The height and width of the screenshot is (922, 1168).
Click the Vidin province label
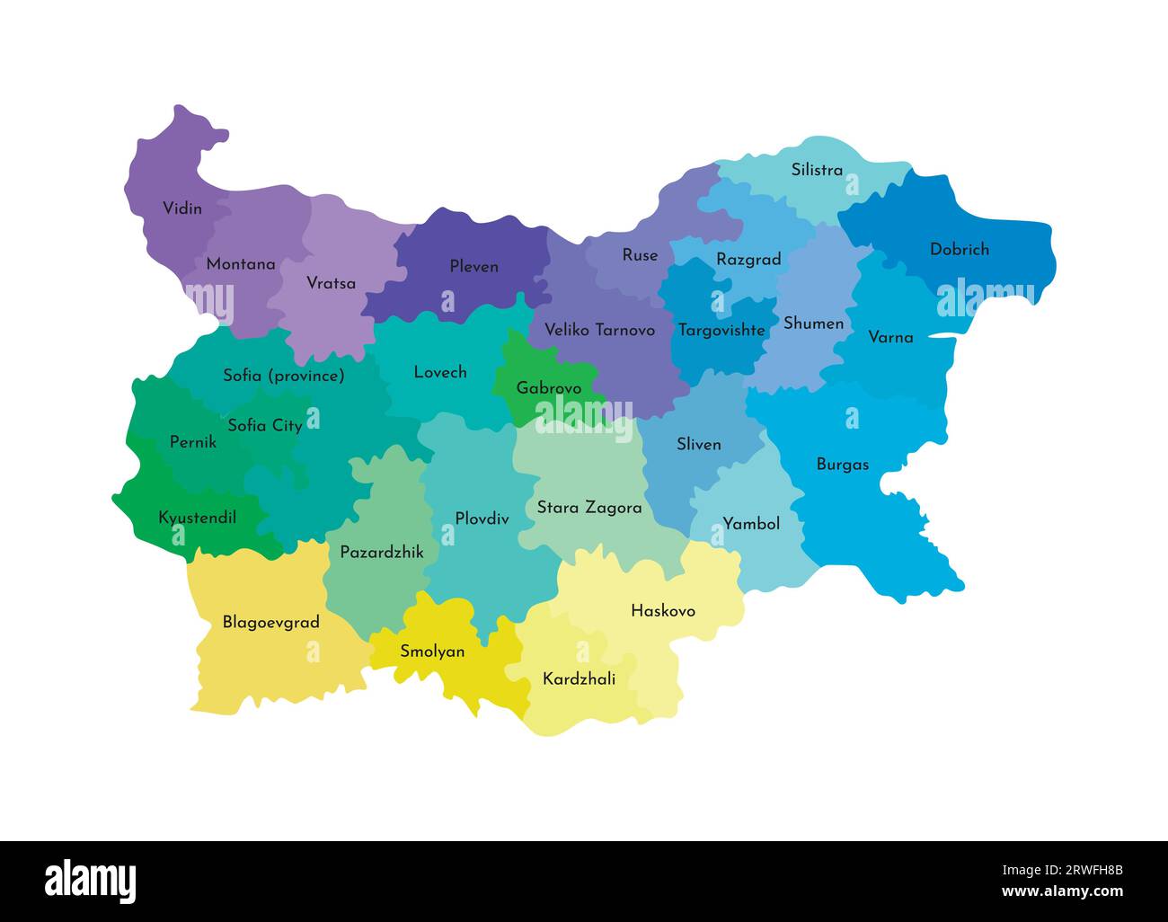[x=181, y=208]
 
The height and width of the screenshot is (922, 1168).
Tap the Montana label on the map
[x=240, y=264]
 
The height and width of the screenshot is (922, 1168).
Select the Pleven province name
[x=473, y=266]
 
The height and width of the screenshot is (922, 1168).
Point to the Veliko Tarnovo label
[x=599, y=330]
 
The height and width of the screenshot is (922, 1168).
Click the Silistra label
[x=816, y=170]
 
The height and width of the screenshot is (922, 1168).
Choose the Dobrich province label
[x=959, y=249]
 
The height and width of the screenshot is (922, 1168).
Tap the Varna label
[x=889, y=337]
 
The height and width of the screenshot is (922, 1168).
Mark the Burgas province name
[x=842, y=465]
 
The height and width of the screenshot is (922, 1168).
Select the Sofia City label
[x=264, y=425]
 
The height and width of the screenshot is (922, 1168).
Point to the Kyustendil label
[x=197, y=518]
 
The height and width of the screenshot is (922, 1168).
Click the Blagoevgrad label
[x=270, y=622]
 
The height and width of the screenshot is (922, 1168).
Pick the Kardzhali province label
[x=579, y=679]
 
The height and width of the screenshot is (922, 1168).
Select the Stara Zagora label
[x=588, y=508]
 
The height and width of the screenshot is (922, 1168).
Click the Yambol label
[x=751, y=523]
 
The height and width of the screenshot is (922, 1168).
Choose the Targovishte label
[x=721, y=330]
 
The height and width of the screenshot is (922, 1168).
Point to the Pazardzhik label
[x=381, y=553]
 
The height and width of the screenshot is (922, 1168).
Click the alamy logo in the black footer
[x=90, y=881]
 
